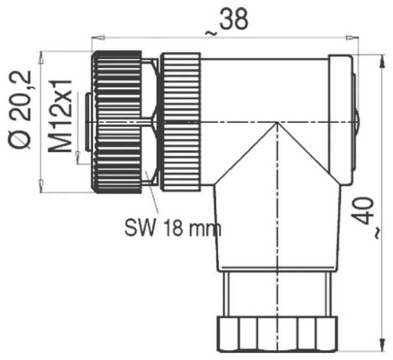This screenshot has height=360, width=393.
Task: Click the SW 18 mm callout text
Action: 173,228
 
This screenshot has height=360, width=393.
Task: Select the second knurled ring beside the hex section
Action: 181,122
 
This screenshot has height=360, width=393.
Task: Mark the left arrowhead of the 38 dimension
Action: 97,37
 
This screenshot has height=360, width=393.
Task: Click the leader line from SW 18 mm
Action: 152,201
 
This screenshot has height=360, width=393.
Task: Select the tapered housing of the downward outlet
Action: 276,225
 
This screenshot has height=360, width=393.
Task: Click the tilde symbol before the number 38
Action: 211,33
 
